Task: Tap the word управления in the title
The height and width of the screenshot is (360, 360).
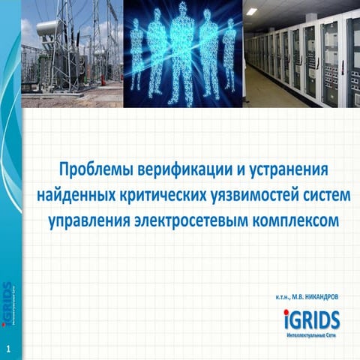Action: tap(90, 220)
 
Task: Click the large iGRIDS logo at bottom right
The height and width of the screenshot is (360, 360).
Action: tap(311, 320)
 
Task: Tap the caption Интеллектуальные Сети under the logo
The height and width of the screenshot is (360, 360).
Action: tap(311, 334)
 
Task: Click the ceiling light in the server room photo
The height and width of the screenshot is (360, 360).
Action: tap(252, 11)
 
